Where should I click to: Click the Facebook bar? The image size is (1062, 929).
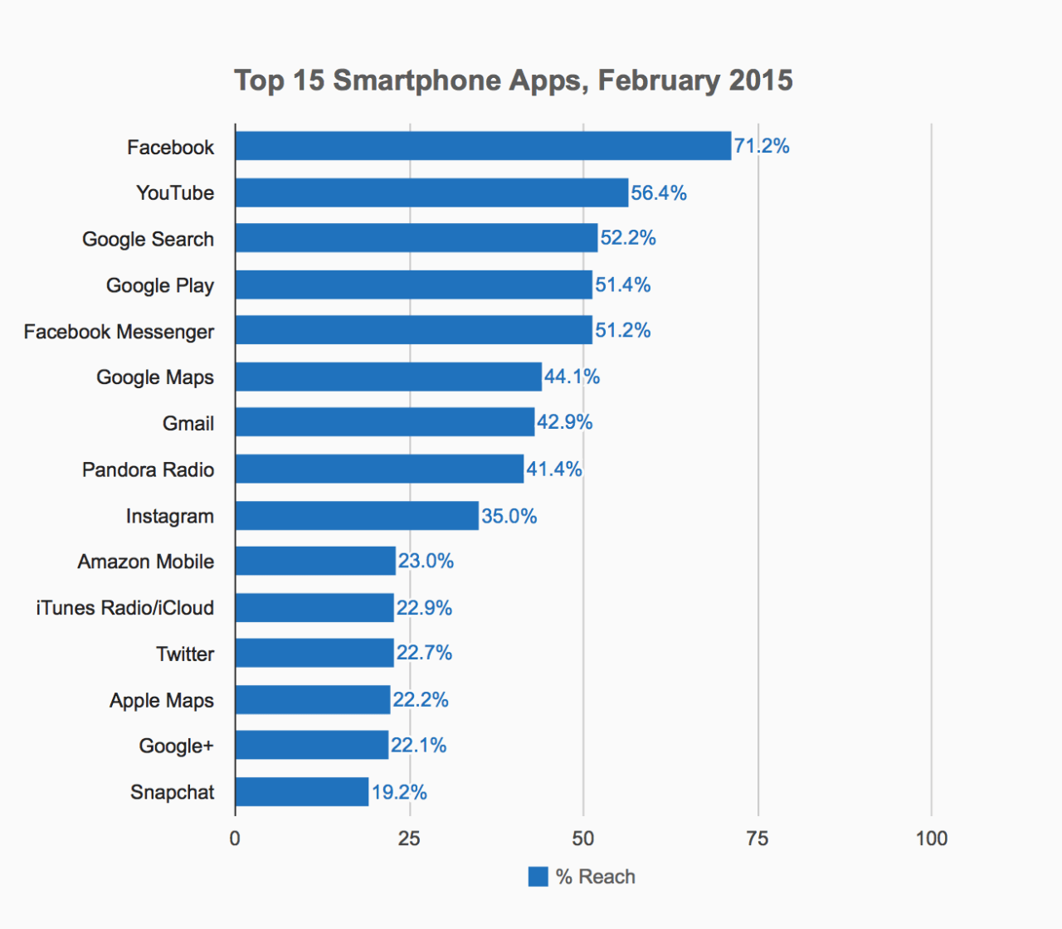483,146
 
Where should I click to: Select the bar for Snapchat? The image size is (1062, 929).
302,791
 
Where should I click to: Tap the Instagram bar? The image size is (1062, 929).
357,515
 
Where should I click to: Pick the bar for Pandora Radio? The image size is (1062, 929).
379,469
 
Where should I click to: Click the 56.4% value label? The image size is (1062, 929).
659,193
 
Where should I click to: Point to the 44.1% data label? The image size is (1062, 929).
572,377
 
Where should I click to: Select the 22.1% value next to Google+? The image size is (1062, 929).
418,746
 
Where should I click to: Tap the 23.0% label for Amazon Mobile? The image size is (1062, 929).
426,562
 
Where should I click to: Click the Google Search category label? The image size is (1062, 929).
148,240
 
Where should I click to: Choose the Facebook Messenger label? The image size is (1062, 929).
119,332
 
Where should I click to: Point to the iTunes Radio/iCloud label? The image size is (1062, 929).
124,608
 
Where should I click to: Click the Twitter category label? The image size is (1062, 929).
185,654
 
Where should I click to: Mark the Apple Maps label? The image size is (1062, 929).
162,701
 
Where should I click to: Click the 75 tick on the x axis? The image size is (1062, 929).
757,839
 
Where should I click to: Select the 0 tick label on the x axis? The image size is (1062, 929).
235,839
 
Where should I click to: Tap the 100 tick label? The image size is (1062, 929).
931,839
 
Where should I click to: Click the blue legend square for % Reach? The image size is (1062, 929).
538,877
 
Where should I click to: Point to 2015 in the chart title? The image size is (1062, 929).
761,80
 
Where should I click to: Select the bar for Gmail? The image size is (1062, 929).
385,422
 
